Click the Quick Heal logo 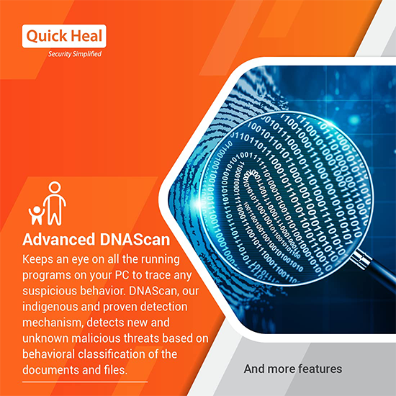tap(64, 36)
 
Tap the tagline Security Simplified tap(75, 54)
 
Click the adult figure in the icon tap(55, 204)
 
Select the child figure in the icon tap(37, 215)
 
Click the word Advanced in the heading tap(59, 240)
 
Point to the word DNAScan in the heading tap(135, 240)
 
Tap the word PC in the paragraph tap(122, 275)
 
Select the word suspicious tap(50, 291)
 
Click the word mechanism tap(53, 323)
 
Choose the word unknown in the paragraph tap(45, 338)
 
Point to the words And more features tap(293, 369)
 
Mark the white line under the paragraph tap(85, 382)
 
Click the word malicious tap(97, 338)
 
